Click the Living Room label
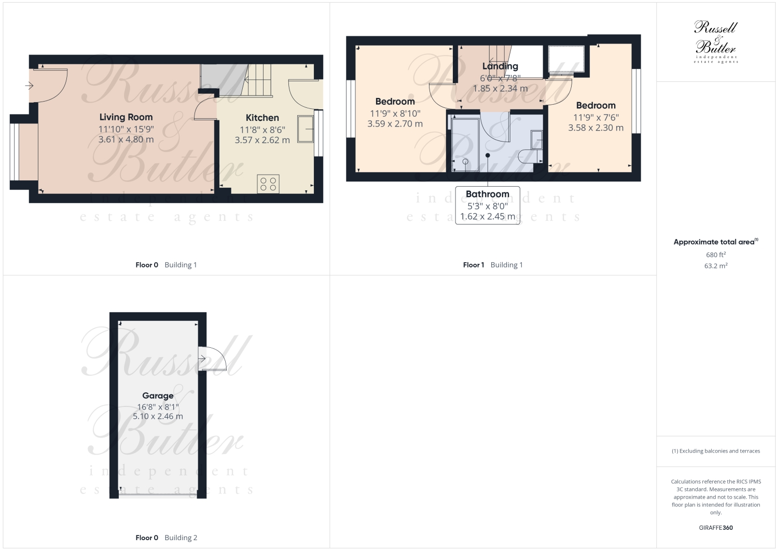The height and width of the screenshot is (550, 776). point(126,117)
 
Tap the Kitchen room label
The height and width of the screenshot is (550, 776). point(262,118)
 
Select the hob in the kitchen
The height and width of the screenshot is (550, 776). point(268,184)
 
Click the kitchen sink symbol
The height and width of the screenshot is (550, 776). point(305,129)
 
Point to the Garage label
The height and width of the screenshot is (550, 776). point(158,396)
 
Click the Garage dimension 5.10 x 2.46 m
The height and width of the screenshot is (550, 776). point(158,416)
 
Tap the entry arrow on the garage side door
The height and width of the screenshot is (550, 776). point(202,359)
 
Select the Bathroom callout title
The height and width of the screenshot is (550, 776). point(487,194)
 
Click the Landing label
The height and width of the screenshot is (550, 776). point(500,66)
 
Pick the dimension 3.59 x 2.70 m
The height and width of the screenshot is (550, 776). point(395,124)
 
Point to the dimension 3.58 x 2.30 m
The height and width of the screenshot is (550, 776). point(595,128)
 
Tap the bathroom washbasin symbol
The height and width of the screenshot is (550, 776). point(536,139)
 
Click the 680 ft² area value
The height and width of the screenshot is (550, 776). point(715,255)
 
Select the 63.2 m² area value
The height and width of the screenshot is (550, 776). point(715,266)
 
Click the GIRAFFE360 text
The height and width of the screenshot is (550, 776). point(715,528)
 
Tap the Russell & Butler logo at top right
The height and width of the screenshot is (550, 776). point(715,41)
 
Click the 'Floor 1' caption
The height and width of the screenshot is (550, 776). point(473,265)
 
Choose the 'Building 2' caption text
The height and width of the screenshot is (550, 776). point(181,538)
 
